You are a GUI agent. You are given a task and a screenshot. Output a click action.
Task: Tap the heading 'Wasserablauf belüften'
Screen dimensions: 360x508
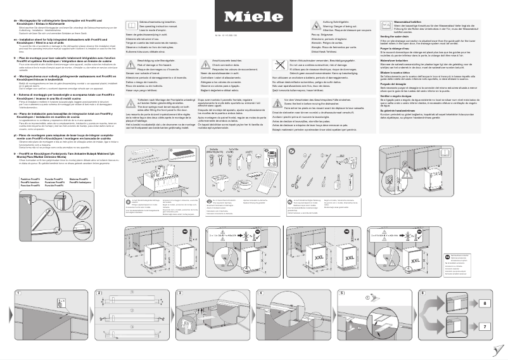(396, 22)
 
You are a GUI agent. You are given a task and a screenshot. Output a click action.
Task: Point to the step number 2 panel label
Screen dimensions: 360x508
(98, 293)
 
